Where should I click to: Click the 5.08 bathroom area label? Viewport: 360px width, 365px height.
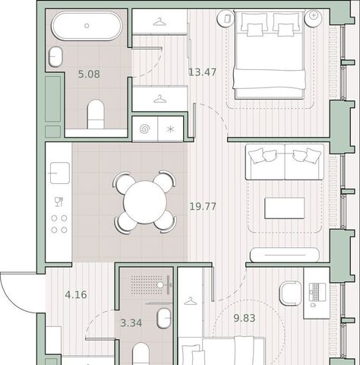coord(89,75)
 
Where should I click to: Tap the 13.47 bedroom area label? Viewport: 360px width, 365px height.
coord(203,72)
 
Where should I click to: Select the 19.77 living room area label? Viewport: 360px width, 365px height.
coord(203,207)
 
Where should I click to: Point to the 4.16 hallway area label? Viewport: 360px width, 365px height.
coord(76,295)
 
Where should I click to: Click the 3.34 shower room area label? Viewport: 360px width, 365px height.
coord(131,323)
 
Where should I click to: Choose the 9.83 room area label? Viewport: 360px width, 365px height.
coord(245,318)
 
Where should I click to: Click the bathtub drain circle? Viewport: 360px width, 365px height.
coord(87,26)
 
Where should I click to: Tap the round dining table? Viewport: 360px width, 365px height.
coord(145,202)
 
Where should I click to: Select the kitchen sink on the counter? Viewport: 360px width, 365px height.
coord(60,173)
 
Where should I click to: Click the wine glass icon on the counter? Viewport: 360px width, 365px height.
coord(58,202)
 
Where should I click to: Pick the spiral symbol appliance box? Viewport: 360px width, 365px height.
coord(144,129)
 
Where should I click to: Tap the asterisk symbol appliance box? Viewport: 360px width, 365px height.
coord(170,129)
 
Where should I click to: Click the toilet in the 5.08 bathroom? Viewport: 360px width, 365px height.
coord(96,114)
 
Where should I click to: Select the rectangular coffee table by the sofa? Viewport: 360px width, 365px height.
coord(284,208)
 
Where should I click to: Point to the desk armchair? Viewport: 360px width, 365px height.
coord(291,293)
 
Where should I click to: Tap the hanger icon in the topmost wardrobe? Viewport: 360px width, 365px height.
coord(159,22)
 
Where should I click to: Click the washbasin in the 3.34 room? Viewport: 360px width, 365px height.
coord(164,319)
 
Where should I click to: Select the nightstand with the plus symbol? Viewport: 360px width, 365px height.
coord(314,17)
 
